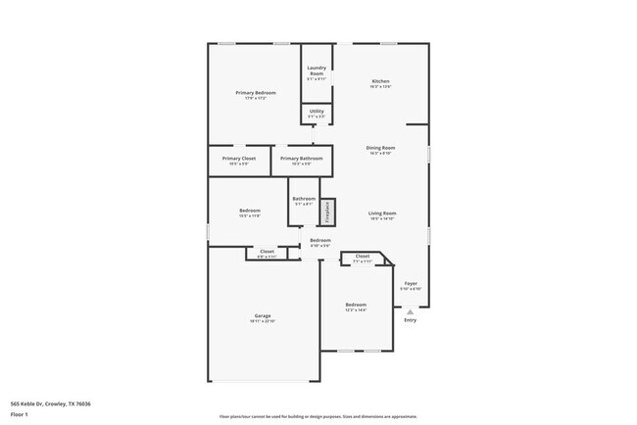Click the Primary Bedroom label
coord(256,92)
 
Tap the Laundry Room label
coord(317,71)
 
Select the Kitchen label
coord(380,80)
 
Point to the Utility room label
coord(317,112)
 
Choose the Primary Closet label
coord(238,158)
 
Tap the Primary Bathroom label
coord(301,158)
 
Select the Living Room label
coord(381,212)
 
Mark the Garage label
coord(263,315)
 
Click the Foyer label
coord(411,283)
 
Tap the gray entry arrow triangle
coord(411,311)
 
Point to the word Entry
coord(411,319)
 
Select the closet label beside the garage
coord(267,253)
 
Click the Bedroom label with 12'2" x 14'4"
coord(356,306)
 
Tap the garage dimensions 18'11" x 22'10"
coord(263,320)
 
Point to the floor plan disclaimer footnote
coord(318,416)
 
